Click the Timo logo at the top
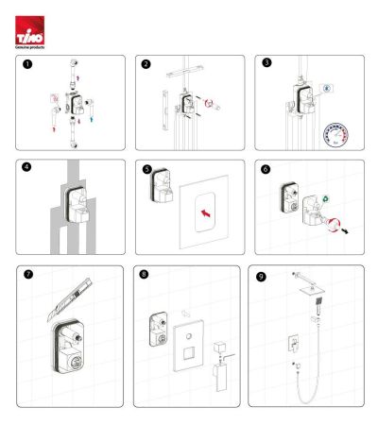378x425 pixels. pos(30,33)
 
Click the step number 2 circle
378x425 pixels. pos(146,64)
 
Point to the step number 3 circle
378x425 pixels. pos(266,64)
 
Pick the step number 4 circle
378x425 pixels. pos(28,169)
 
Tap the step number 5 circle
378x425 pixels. pos(147,170)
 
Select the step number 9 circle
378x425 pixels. pos(261,277)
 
